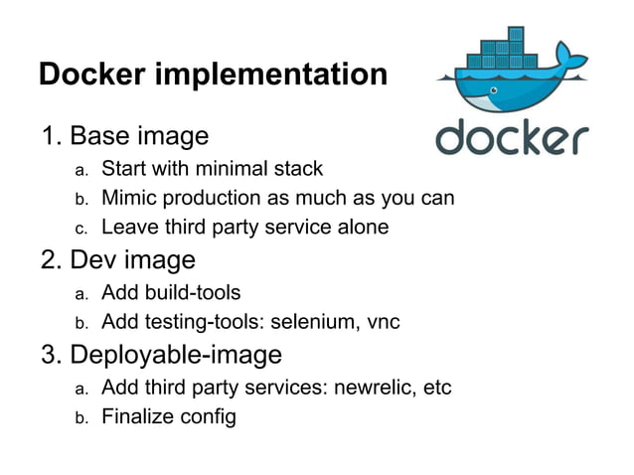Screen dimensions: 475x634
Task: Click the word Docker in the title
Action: [x=90, y=75]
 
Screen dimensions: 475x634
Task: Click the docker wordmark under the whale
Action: [x=511, y=138]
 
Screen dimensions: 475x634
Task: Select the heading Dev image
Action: [x=132, y=259]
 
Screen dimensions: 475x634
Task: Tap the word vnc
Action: [x=382, y=322]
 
